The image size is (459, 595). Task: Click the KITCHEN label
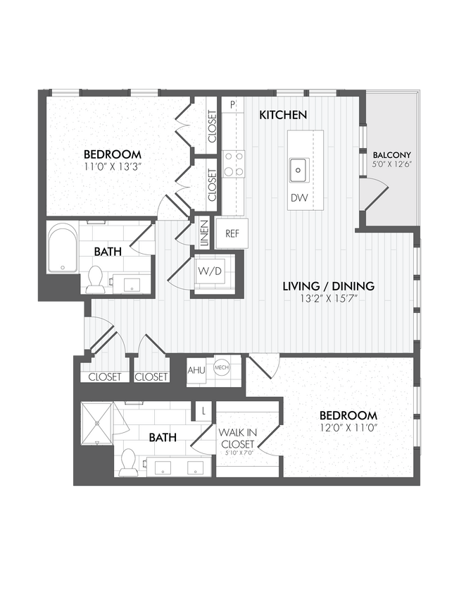point(282,114)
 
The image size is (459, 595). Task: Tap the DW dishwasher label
point(298,198)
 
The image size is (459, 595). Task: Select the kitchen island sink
point(298,169)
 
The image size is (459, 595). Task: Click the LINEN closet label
point(203,233)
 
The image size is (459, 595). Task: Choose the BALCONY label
point(392,155)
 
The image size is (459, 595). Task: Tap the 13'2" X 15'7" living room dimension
point(327,298)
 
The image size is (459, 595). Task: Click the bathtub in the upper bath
point(63,248)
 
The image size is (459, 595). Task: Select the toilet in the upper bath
point(96,280)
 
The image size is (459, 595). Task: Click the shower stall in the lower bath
point(97,423)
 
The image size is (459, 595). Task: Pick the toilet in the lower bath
point(128,461)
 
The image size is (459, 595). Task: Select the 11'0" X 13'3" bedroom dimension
point(113,167)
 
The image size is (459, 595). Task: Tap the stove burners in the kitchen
point(234,164)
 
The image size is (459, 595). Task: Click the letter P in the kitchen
point(232,105)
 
